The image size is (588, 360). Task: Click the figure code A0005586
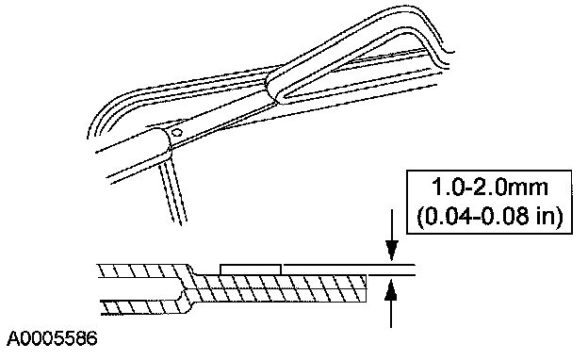52,338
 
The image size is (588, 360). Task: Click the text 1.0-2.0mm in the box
490,188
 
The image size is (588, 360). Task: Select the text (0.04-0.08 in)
490,216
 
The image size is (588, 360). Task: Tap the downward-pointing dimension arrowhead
392,251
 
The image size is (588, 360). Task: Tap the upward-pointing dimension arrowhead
391,290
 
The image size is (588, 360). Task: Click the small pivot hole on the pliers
176,132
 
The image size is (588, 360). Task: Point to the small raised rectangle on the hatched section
251,270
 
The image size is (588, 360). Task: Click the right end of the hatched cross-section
366,288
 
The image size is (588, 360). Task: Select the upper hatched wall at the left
144,270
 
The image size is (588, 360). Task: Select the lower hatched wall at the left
144,306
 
